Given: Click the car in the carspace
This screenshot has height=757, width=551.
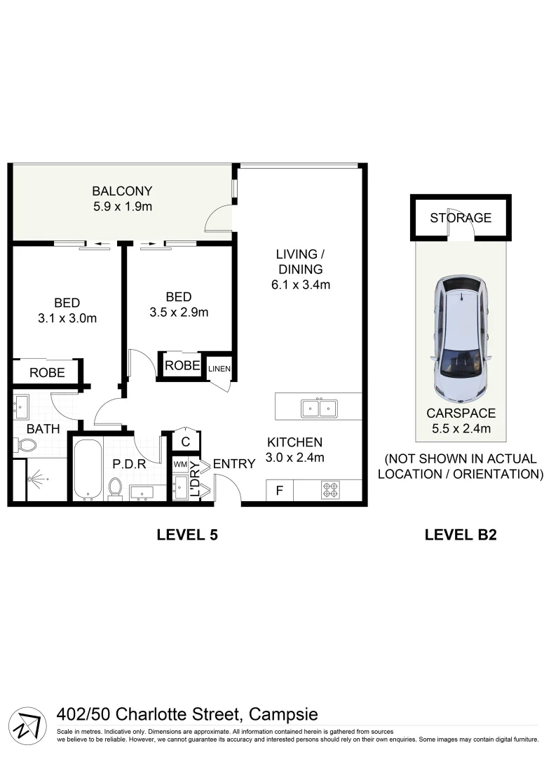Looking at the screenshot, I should (x=463, y=336).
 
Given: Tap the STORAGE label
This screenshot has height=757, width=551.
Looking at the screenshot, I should (x=461, y=217).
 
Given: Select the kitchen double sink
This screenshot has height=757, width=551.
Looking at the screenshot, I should (x=319, y=407).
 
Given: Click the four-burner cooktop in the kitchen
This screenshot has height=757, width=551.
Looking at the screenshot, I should (x=330, y=490).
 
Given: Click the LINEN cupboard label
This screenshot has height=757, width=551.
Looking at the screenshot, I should (x=219, y=369).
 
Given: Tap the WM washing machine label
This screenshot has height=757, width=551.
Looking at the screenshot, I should (x=180, y=465).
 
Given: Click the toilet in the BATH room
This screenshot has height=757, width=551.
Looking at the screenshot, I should (x=26, y=444).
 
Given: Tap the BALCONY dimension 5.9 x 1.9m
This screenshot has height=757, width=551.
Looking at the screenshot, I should (x=123, y=207).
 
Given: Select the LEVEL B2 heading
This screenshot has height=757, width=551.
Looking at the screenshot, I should (x=461, y=535).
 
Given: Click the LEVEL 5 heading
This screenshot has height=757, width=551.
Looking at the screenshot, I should (x=186, y=535).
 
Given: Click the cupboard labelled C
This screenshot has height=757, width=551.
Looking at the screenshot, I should (x=186, y=442).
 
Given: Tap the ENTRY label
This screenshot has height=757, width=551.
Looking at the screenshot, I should (x=233, y=464).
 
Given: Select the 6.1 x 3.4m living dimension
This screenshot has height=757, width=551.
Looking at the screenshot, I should (x=299, y=285).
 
